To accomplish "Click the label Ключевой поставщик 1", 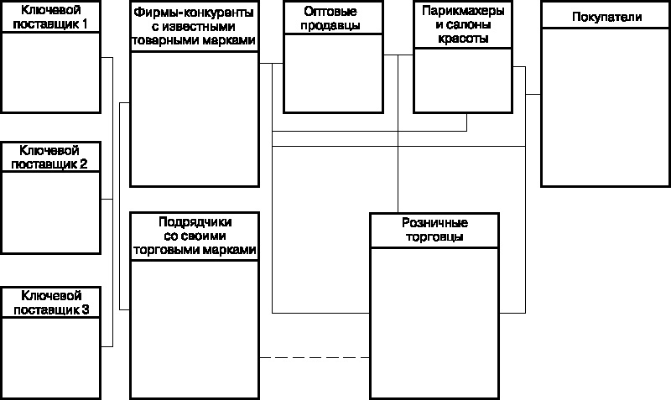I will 51,16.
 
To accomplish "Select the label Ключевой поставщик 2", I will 51,157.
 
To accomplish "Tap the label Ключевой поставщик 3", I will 51,303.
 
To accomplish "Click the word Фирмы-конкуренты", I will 194,13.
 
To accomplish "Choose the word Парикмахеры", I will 462,13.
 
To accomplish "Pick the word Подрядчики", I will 195,222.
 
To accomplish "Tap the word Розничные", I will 434,224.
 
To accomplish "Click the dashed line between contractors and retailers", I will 314,358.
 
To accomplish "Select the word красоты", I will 462,39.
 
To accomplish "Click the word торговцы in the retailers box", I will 434,236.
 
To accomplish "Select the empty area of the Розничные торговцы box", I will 434,323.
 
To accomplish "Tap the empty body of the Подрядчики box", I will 195,327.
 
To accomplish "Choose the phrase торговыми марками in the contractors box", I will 195,249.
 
